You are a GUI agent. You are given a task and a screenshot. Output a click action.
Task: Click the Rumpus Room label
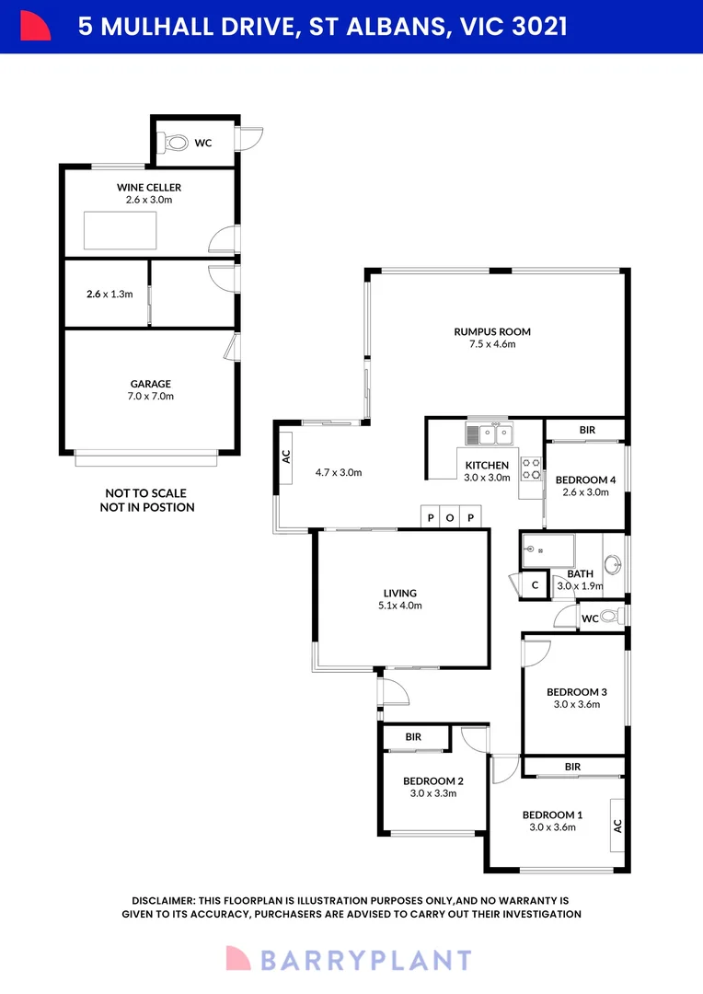(491, 331)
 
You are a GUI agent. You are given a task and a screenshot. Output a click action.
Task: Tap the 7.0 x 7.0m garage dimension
(149, 397)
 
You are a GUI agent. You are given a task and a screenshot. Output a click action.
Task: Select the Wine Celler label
(148, 187)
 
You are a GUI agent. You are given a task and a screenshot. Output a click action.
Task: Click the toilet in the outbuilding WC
(174, 143)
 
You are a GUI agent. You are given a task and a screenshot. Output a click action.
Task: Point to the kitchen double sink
(493, 433)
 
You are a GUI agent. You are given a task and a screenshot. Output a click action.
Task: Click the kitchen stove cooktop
(531, 469)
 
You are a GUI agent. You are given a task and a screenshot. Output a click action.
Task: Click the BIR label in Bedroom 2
(414, 737)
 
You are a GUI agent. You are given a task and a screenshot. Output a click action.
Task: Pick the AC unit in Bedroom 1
(617, 825)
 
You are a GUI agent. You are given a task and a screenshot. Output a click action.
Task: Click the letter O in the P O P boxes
(450, 518)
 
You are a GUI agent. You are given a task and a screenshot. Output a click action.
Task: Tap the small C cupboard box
(535, 585)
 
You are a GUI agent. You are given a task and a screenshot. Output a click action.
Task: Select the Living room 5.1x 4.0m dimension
(400, 606)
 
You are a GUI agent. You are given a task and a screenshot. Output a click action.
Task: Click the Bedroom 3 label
(577, 691)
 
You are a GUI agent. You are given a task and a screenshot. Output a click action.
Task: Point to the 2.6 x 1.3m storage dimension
(109, 295)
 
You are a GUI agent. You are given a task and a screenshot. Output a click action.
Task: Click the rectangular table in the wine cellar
(120, 229)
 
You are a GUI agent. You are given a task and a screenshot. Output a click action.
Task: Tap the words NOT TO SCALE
(146, 492)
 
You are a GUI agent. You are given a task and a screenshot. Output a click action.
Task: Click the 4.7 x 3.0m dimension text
(340, 472)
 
